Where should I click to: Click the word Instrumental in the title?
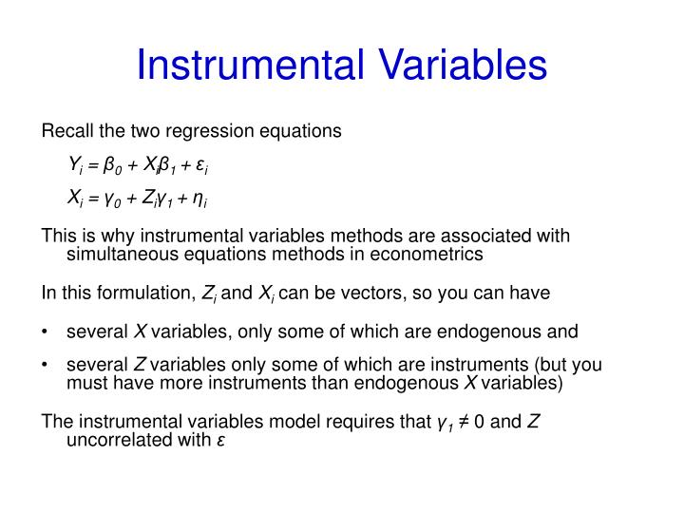point(249,66)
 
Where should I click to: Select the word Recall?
point(65,131)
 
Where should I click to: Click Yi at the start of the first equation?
point(74,166)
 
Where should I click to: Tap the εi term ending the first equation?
point(201,166)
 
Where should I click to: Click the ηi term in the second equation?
point(199,199)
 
